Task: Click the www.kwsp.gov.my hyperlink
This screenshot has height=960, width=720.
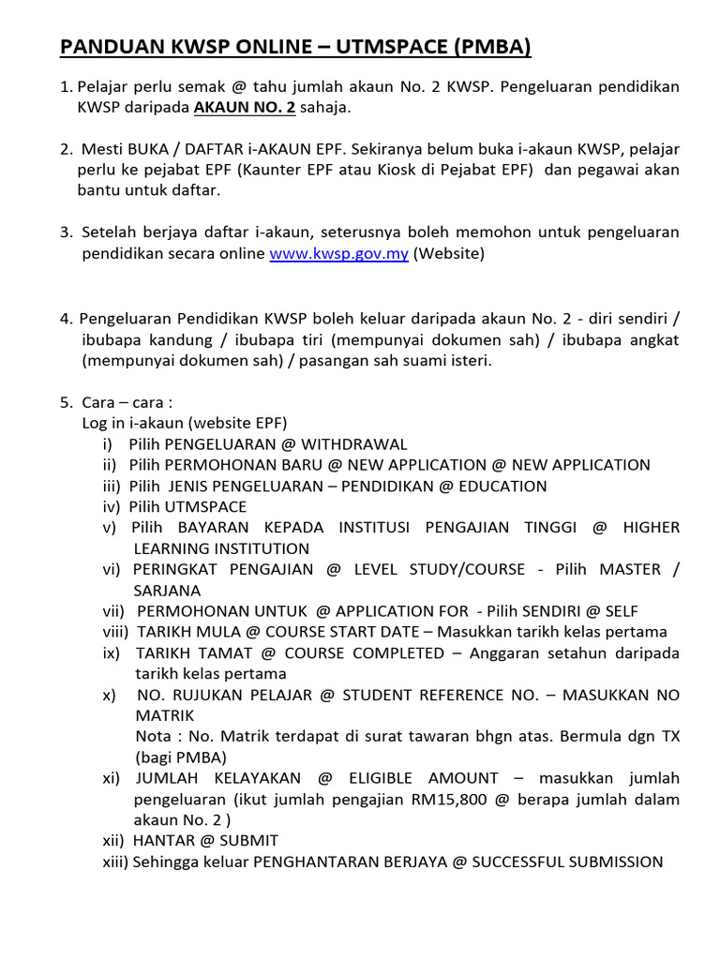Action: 338,254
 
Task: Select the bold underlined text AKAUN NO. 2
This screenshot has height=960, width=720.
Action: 244,108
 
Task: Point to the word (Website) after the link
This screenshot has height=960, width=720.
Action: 448,254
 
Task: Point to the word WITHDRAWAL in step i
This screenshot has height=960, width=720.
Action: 354,444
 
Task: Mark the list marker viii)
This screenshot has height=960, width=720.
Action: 116,632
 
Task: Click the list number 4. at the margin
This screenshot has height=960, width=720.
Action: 66,319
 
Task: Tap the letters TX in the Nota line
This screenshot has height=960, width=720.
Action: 670,737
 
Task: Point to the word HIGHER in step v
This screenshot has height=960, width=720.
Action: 652,528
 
